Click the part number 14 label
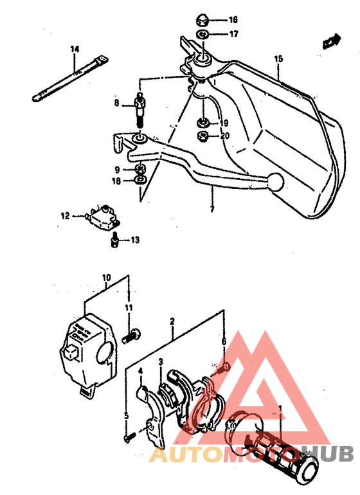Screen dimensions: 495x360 pos(75,49)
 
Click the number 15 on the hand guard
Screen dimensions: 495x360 pos(278,59)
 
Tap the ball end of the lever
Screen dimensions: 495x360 pos(275,182)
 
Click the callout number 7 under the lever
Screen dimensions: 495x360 pos(210,209)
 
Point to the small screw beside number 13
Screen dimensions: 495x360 pos(114,241)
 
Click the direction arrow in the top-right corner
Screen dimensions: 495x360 pos(331,42)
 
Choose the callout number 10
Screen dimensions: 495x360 pos(106,278)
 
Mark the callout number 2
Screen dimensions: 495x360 pos(172,320)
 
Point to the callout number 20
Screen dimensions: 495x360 pos(224,136)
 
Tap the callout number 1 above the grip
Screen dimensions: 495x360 pos(280,408)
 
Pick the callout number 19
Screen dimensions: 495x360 pos(224,123)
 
